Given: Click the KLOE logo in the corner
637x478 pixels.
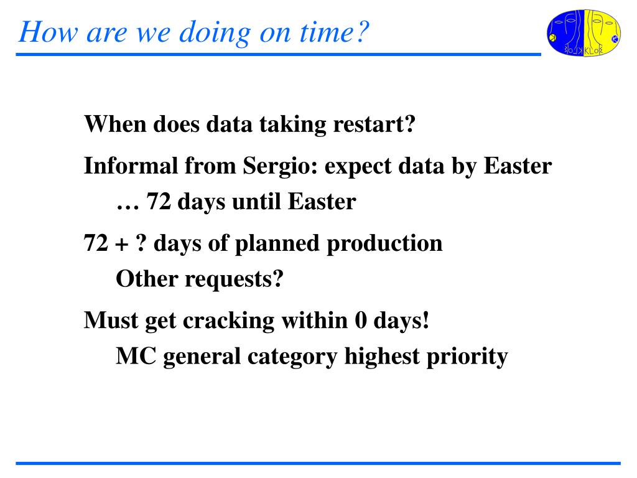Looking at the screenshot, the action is [584, 33].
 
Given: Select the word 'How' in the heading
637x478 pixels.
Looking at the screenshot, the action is [48, 32].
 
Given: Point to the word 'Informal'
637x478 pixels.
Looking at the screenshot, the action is [131, 166].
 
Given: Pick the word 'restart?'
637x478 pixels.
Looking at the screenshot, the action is [374, 124].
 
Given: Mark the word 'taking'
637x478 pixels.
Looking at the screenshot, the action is [292, 124].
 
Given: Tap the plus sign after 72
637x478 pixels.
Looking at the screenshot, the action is [121, 244].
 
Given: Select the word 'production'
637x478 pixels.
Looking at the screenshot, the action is [384, 243].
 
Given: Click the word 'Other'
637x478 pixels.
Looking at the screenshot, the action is [147, 279].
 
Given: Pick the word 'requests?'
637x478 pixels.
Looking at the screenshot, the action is [234, 279].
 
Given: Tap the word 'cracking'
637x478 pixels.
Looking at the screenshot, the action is [229, 321].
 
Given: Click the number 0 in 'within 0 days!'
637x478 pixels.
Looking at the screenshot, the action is [361, 321].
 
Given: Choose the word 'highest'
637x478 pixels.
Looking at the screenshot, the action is [381, 357].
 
